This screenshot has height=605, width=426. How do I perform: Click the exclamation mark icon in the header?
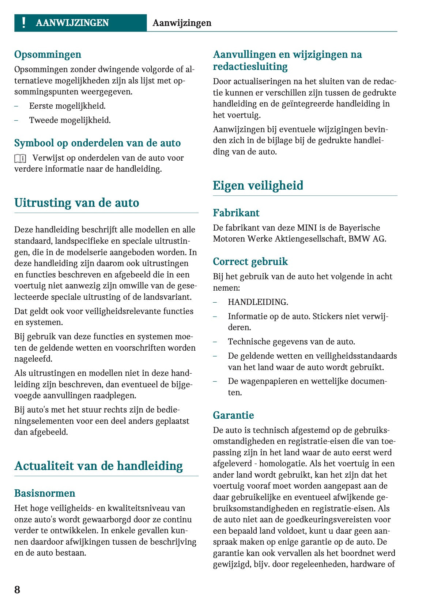pos(24,23)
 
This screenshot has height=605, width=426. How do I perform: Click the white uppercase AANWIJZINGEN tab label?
pos(72,23)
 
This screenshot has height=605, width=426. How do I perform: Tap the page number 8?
pos(17,590)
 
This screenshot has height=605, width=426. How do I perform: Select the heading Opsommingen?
pos(48,55)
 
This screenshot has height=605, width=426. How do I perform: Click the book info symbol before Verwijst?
pos(20,158)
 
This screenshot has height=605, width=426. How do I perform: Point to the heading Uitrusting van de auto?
pos(76,203)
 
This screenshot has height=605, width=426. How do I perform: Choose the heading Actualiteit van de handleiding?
pos(98,466)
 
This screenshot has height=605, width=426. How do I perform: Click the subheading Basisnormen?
pos(45,493)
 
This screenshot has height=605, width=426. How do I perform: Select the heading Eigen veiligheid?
pos(258,186)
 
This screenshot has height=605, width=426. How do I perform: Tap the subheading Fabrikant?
pos(236,213)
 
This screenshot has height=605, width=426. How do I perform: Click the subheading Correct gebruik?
pos(250,262)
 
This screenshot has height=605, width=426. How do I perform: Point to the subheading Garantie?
pos(233,415)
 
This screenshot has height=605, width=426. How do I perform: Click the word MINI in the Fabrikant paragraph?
pos(307,228)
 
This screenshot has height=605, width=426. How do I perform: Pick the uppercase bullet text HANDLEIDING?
pos(258,302)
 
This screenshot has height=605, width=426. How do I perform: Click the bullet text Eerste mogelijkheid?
pos(67,106)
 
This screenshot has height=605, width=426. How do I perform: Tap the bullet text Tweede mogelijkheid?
pos(70,120)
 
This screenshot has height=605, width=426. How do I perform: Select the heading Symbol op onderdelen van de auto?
pos(97,143)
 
